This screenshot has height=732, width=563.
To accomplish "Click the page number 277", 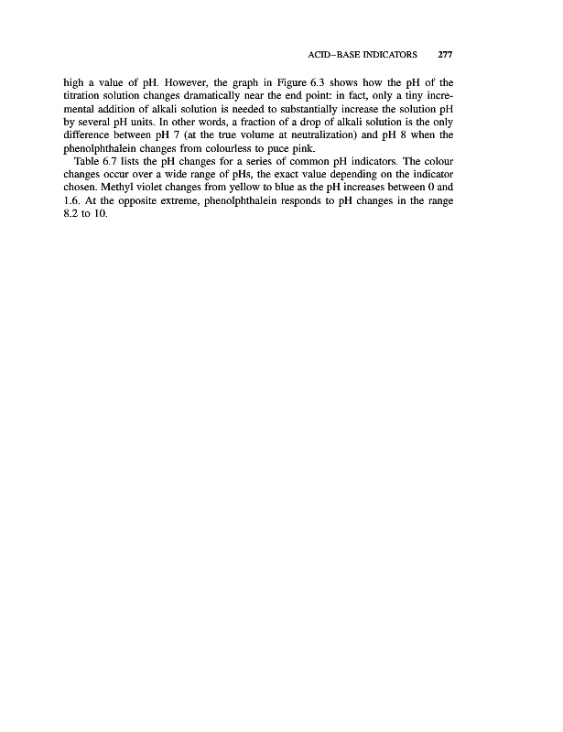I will coord(447,54).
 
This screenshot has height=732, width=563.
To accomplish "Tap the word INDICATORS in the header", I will coord(397,54).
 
